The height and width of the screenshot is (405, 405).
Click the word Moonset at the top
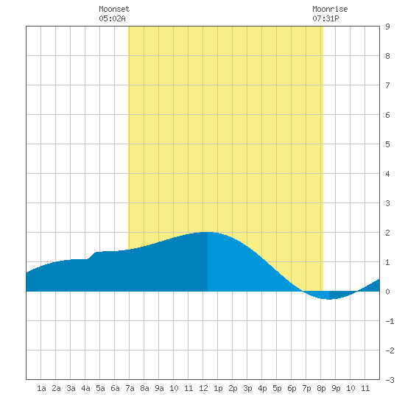pos(114,9)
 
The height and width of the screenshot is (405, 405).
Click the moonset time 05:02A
pos(112,18)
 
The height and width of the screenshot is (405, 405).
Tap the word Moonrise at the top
pos(330,9)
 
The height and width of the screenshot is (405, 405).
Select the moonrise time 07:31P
pos(325,18)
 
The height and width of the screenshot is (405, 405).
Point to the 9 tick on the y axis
pos(387,27)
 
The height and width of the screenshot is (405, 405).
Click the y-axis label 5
pos(387,144)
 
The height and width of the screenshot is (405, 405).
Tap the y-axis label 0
pos(387,292)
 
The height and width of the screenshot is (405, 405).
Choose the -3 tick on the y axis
pos(390,380)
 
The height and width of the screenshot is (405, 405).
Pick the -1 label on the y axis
pos(390,321)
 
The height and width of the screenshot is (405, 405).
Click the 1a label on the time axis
pos(41,388)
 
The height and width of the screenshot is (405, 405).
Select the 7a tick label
pos(130,388)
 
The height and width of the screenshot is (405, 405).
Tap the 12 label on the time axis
pos(203,388)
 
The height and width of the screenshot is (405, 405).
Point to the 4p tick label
pos(262,388)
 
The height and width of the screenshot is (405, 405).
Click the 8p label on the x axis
pos(321,388)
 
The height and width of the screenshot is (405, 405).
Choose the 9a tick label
pos(159,388)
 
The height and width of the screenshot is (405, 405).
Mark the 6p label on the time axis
pos(292,388)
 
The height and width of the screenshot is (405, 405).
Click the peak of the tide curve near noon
pos(208,232)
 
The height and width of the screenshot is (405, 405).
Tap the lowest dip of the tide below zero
pos(329,299)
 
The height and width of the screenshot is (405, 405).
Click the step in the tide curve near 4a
pos(92,256)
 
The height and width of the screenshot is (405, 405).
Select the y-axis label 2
pos(387,233)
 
